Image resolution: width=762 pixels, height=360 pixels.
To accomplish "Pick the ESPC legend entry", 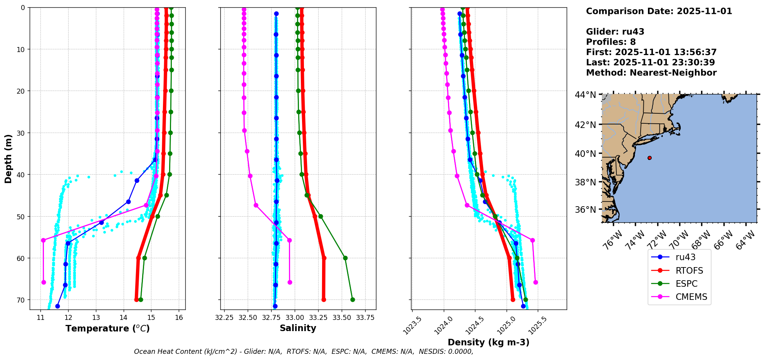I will pos(686,284).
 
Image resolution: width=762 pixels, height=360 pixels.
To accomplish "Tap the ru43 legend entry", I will pos(685,257).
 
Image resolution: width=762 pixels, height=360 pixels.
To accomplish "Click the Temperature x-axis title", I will pos(107,328).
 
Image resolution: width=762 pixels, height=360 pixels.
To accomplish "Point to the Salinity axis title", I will pos(298,328).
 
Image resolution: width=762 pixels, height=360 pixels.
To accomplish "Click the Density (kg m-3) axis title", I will pos(488,342).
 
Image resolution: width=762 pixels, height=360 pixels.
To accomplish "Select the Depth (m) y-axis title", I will pos(8,158).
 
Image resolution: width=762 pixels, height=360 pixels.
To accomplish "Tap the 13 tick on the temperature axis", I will pos(96,318).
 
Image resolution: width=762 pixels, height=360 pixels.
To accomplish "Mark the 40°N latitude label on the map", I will pos(585,153).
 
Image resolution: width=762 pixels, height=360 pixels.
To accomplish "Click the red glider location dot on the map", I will pos(650,158).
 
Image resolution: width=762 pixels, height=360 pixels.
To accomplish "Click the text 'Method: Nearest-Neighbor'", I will pos(651,73).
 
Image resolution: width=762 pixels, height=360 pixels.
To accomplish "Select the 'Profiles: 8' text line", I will pos(611,42).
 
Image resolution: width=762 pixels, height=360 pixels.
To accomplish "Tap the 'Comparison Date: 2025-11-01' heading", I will pos(659,11).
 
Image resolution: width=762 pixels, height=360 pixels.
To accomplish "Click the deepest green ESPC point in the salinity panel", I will pos(352,299).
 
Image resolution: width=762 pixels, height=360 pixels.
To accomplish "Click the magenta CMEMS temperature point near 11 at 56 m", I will pos(43,240).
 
